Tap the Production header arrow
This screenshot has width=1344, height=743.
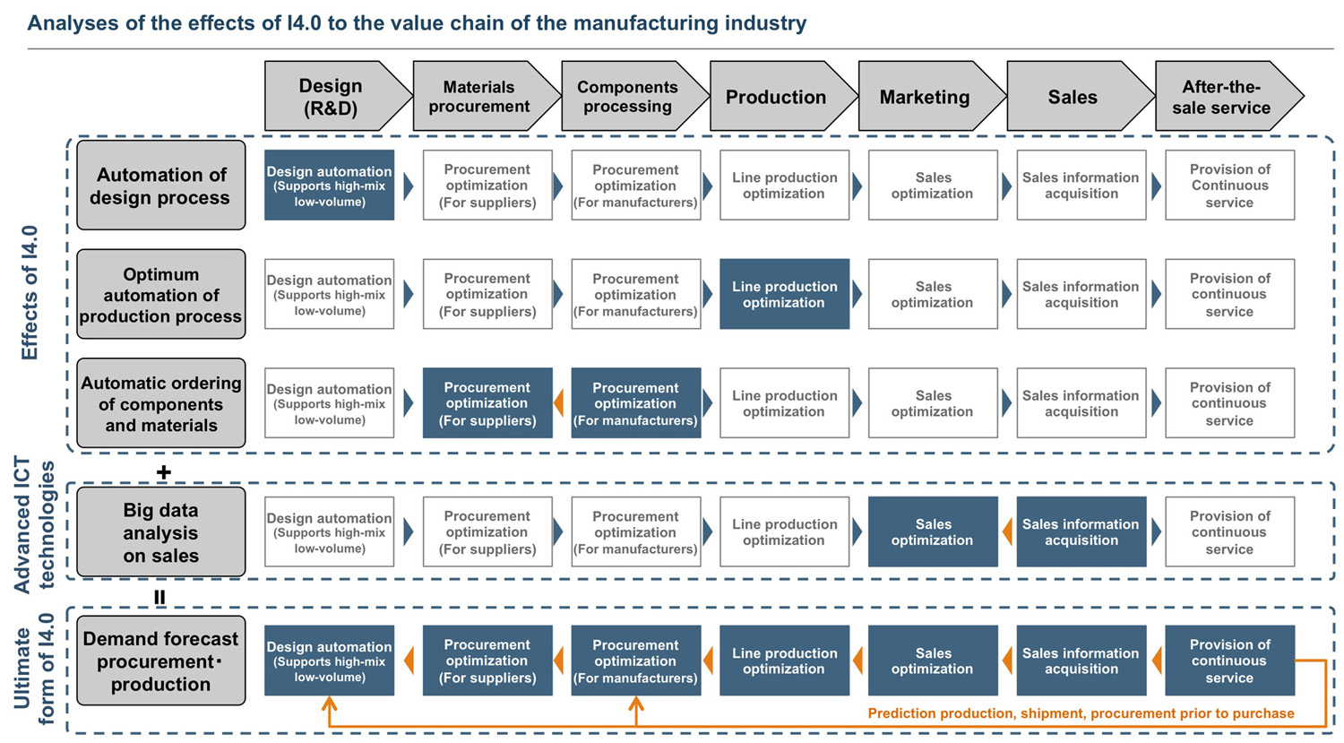[x=776, y=97]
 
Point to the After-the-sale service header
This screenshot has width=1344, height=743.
[x=1223, y=97]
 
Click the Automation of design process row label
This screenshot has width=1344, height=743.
[x=161, y=186]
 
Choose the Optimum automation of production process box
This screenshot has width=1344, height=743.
[x=161, y=295]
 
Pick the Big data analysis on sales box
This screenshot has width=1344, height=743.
[x=161, y=532]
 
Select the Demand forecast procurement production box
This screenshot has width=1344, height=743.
[x=161, y=661]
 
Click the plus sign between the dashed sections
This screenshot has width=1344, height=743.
[x=163, y=472]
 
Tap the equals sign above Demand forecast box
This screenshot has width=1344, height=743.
[x=159, y=597]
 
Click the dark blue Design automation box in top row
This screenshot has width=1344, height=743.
[x=330, y=186]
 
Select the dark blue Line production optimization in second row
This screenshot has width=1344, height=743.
[x=784, y=294]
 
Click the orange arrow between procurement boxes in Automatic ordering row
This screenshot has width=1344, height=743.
[x=559, y=403]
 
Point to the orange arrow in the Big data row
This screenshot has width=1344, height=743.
[x=1006, y=532]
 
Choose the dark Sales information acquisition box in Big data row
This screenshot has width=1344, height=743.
[x=1081, y=532]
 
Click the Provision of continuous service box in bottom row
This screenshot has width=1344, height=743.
[x=1229, y=661]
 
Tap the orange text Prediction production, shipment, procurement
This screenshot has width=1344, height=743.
[x=1081, y=713]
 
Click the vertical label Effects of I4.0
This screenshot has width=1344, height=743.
[x=30, y=293]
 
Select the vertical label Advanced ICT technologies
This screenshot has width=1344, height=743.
[x=34, y=526]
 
